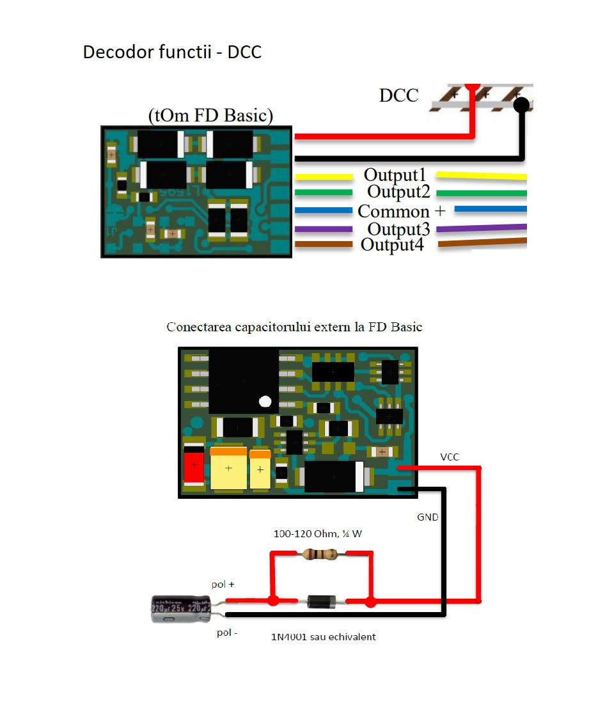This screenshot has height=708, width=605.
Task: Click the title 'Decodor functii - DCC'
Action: tap(172, 52)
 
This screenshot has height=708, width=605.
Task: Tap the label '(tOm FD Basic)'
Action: tap(210, 116)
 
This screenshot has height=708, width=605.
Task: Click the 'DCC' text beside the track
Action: tap(398, 95)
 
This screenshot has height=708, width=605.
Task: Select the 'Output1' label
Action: tap(395, 175)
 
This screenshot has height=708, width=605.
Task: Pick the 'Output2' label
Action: tap(398, 192)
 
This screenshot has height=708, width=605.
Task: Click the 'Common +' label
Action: tap(401, 211)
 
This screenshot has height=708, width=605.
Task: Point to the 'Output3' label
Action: tap(398, 228)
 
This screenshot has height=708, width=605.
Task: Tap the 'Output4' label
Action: tap(392, 244)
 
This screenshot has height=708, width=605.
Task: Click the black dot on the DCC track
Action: tap(522, 106)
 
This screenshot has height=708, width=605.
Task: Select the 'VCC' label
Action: tap(450, 457)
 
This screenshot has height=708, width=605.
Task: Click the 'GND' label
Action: tap(428, 517)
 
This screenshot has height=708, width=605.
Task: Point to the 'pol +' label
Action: tap(223, 585)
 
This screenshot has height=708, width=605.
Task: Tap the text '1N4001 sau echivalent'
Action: tap(324, 637)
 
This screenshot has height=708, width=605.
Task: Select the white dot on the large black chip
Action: tap(265, 402)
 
